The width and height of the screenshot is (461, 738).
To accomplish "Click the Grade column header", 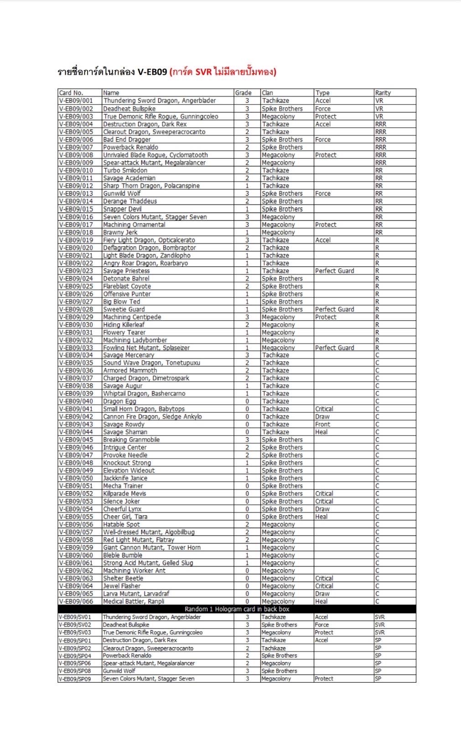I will [243, 93].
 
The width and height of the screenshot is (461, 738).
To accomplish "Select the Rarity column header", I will [383, 93].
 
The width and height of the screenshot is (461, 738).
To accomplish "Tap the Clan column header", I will [267, 93].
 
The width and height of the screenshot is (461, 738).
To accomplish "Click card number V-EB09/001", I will [76, 100].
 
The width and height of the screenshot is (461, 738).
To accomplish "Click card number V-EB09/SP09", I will [75, 679].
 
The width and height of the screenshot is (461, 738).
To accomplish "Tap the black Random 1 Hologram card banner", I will [237, 609].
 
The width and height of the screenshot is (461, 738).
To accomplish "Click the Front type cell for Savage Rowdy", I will [322, 424].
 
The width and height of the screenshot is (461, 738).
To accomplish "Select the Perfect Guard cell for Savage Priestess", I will [334, 271].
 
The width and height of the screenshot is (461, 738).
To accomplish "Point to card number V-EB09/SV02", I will [75, 625].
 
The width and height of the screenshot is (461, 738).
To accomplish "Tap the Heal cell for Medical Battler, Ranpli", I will [321, 602].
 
